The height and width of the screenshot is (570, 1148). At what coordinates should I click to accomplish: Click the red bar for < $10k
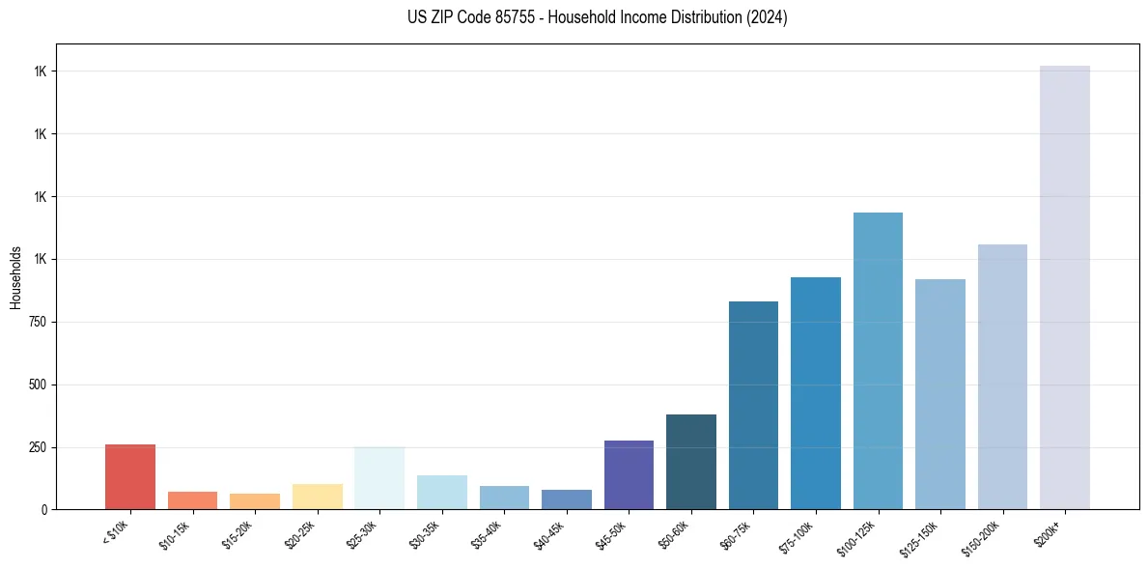click(130, 476)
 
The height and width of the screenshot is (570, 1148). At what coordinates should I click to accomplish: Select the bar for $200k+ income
click(1064, 287)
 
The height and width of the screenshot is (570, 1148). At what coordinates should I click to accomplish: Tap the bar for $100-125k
click(878, 360)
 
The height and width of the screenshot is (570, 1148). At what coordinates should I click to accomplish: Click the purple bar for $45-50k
click(629, 474)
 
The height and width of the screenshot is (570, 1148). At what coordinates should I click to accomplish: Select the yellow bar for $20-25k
click(318, 497)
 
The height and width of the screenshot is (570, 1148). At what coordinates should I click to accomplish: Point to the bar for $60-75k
click(753, 405)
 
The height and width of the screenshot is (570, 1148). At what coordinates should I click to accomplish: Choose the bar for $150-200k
click(1002, 377)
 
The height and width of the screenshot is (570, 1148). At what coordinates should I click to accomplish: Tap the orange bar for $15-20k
click(255, 501)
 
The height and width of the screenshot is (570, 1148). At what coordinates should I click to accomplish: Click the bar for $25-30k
click(379, 477)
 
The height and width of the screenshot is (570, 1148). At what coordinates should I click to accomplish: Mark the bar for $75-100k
click(816, 393)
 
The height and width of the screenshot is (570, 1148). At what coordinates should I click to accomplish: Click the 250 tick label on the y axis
click(37, 447)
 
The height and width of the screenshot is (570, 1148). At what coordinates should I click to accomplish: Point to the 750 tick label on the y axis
click(37, 322)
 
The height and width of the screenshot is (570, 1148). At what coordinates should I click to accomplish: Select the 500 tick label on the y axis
click(37, 385)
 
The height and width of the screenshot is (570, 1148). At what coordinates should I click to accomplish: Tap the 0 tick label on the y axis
click(43, 509)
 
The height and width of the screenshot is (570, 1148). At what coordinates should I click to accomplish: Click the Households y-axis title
click(15, 276)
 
